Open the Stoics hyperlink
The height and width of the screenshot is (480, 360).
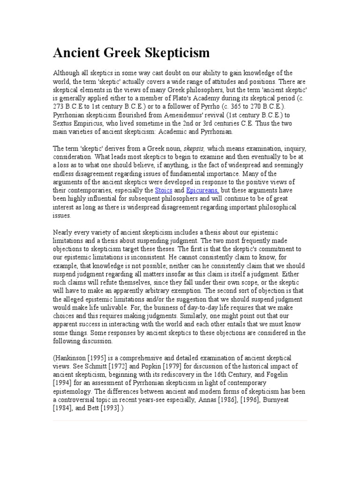tap(164, 190)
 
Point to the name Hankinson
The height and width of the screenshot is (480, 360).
tap(73, 358)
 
